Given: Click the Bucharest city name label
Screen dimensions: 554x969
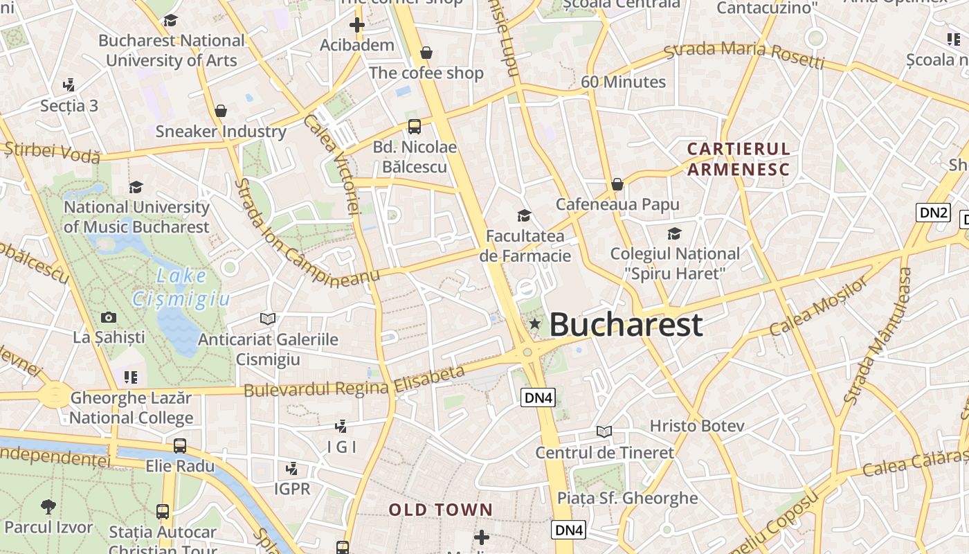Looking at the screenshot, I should tap(626, 324).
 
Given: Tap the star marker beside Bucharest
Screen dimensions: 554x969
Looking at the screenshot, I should tap(534, 323).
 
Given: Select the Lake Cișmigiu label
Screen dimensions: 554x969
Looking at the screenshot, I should tap(181, 287).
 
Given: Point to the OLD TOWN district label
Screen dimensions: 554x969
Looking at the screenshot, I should tap(441, 510).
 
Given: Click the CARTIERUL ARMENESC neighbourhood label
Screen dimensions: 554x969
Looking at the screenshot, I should tap(738, 159).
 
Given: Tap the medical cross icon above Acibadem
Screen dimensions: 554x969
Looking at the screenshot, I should tap(357, 26).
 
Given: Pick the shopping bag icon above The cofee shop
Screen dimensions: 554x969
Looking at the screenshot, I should tap(426, 53).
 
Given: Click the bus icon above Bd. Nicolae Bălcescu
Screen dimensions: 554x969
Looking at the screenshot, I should tap(414, 126).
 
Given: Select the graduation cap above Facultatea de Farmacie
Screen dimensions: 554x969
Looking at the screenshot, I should tap(525, 215).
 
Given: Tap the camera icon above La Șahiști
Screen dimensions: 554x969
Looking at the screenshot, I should tap(109, 317).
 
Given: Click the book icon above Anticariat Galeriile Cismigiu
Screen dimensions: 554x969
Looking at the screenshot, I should tap(268, 319).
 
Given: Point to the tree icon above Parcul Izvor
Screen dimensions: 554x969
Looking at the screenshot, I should tap(48, 506).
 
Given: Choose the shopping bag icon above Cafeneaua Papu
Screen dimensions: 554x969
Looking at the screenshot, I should tap(617, 184).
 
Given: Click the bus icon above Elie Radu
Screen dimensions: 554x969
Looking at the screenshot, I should tap(180, 445).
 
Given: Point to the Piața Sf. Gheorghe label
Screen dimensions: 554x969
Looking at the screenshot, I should tap(627, 498).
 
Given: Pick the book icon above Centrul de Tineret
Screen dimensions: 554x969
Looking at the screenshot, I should tap(604, 431).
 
